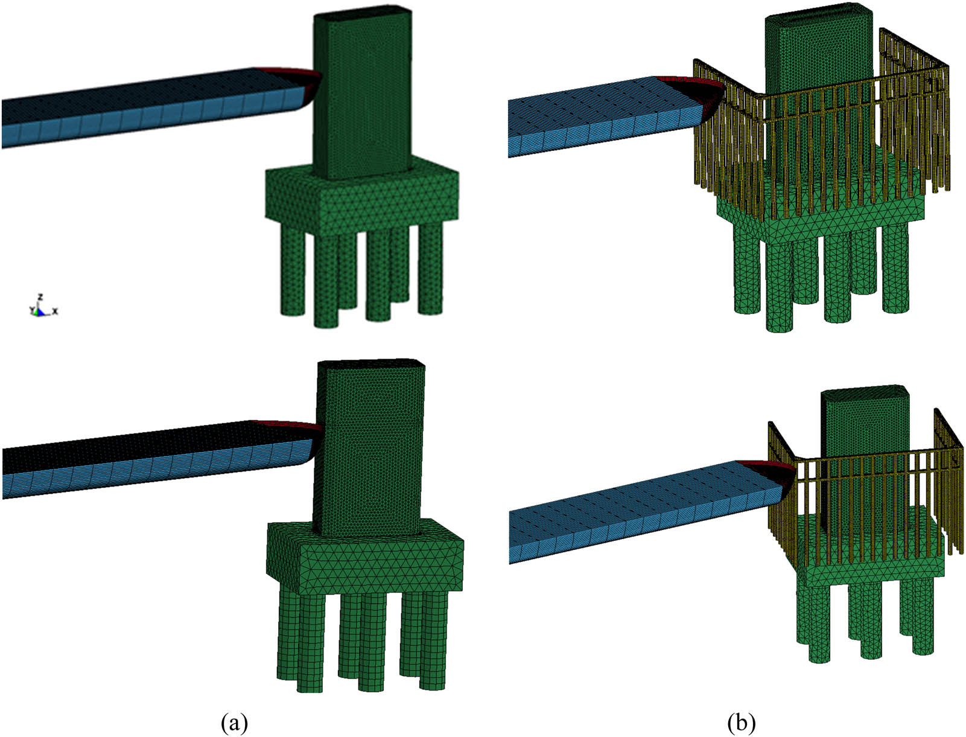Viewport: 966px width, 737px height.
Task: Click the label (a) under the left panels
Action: [x=234, y=722]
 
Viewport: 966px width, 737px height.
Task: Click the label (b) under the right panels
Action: [x=741, y=722]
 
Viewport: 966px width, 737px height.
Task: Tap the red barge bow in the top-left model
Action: [x=296, y=75]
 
